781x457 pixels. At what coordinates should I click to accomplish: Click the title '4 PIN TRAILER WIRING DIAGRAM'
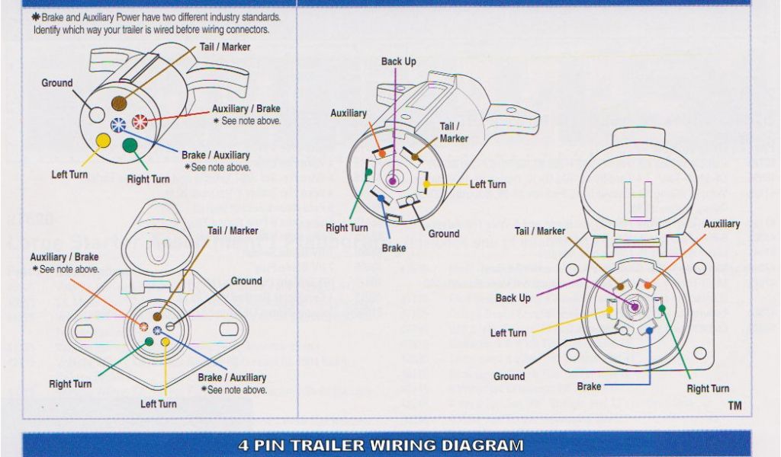381,445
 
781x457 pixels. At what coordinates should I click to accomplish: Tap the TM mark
734,406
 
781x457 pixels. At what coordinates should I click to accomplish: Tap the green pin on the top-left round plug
130,145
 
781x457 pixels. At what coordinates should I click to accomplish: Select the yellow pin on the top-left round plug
101,140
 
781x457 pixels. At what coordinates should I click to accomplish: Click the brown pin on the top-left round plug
119,103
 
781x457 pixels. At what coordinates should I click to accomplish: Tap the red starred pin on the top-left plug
140,121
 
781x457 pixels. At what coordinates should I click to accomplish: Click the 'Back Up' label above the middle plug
399,62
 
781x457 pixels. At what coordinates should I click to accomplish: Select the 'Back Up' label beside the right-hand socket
513,298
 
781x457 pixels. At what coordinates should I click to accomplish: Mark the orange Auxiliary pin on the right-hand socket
650,286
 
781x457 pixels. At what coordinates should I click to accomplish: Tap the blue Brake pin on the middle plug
381,198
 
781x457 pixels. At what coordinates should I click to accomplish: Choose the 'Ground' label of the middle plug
443,234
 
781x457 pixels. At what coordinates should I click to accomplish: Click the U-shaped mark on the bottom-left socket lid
159,251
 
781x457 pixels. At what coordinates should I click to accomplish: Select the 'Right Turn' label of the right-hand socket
708,388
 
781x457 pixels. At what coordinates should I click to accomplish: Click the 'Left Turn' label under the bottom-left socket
158,404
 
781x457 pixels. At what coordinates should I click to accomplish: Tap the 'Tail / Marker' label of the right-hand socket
540,231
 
